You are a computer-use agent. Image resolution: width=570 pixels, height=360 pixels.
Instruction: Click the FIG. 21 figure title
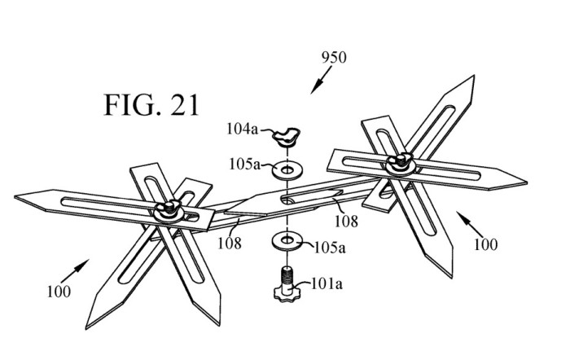(x=151, y=105)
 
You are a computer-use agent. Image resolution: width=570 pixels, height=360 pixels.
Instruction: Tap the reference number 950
(x=334, y=58)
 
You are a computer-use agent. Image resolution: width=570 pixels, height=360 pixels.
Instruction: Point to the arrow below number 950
(x=321, y=80)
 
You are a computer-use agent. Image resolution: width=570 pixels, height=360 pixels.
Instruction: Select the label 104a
(x=242, y=129)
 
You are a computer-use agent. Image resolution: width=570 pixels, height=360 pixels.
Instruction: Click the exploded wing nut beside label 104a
(x=287, y=137)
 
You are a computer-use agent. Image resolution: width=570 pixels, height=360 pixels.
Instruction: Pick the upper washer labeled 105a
(x=287, y=169)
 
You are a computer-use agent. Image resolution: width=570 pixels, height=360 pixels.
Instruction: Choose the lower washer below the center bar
(x=287, y=240)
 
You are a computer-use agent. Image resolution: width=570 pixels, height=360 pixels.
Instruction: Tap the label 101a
(x=327, y=284)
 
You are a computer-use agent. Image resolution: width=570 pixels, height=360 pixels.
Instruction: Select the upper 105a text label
(x=244, y=165)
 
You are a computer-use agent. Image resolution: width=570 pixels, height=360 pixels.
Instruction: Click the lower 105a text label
(x=330, y=248)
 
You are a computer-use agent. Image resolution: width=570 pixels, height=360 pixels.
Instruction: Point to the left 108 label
(x=230, y=243)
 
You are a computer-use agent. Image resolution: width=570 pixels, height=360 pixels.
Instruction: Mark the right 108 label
(x=346, y=221)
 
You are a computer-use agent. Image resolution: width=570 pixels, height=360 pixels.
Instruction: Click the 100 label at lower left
(x=59, y=292)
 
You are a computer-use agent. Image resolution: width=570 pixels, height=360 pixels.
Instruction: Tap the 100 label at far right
(x=485, y=244)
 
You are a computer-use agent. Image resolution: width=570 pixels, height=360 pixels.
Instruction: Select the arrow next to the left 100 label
(x=75, y=271)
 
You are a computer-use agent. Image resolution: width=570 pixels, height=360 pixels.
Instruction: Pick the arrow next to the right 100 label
(x=470, y=224)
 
